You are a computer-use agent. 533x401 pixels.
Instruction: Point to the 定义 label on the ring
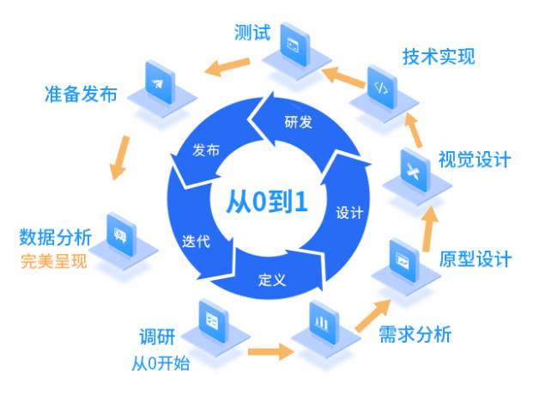pos(271,278)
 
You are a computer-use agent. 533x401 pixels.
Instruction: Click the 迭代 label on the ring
pos(196,241)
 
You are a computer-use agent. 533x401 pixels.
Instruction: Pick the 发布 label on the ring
pos(206,150)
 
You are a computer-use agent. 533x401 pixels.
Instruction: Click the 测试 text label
pos(252,33)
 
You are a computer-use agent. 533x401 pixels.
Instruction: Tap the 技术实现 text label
pos(439,58)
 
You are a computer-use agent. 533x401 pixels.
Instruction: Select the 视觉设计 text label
pos(475,160)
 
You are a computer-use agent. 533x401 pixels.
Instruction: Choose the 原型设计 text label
pos(475,258)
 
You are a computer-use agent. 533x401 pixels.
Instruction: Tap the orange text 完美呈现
pos(54,261)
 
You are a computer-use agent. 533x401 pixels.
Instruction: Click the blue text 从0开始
pos(161,362)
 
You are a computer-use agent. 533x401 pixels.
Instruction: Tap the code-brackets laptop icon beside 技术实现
pos(381,87)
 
